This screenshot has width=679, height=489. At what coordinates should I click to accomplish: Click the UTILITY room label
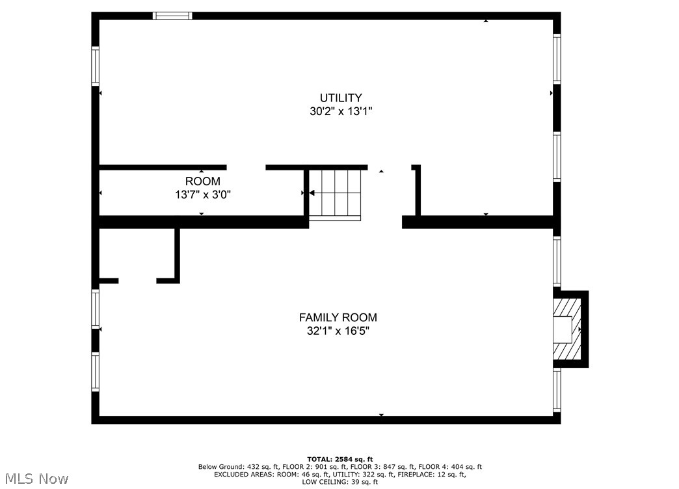340,98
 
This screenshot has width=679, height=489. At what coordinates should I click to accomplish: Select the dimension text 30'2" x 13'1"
340,111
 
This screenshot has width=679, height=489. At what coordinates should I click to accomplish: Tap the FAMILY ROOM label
338,317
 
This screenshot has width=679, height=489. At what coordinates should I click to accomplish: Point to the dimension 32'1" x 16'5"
338,330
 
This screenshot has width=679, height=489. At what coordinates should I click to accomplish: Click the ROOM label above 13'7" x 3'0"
202,181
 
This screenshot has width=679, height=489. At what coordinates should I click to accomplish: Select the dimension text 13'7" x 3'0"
202,194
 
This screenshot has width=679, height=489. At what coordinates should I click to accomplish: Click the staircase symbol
335,194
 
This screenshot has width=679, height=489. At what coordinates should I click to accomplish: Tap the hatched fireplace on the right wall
566,328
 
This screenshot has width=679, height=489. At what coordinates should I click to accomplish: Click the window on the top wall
172,16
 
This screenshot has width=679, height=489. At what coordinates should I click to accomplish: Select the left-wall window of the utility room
95,66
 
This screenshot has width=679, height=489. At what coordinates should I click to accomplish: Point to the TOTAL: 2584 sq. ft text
339,459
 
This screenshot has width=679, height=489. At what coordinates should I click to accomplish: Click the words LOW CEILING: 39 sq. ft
339,482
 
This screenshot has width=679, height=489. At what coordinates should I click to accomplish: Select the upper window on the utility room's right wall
557,59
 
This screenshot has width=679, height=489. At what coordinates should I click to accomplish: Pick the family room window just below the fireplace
557,390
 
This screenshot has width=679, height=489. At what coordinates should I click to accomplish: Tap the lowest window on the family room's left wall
95,371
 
